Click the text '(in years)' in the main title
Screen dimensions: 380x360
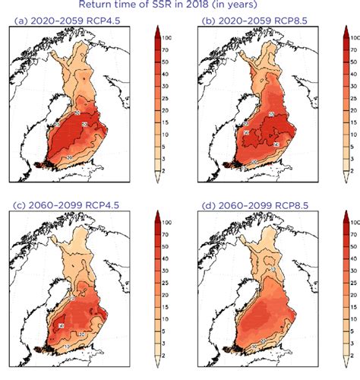point(250,7)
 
